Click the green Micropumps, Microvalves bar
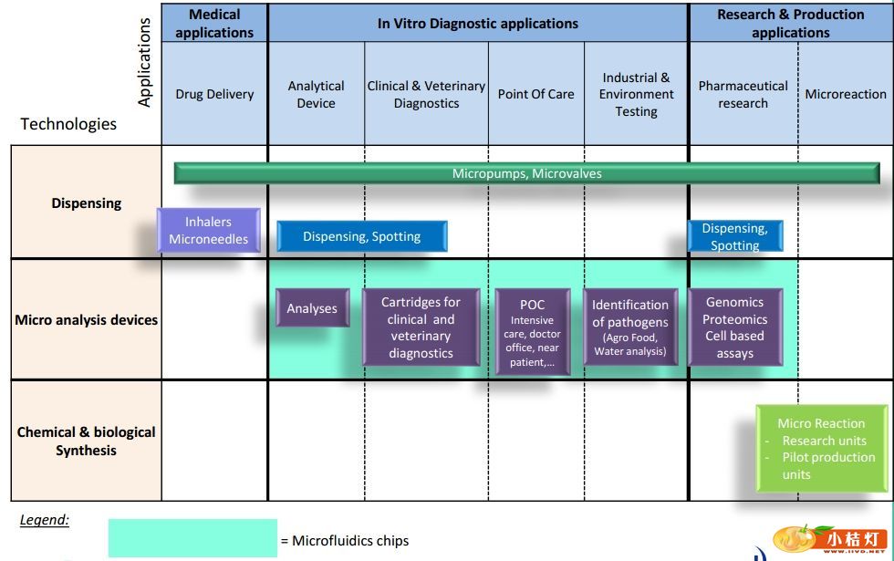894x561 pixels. click(x=526, y=173)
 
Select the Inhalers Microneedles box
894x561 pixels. click(x=209, y=231)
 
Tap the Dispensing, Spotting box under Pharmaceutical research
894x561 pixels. click(x=735, y=236)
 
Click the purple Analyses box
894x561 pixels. click(x=312, y=308)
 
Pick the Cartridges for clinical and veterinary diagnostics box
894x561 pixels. click(x=421, y=327)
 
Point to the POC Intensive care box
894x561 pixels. click(x=533, y=333)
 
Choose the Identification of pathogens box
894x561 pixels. click(x=629, y=327)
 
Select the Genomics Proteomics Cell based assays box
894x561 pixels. click(x=734, y=327)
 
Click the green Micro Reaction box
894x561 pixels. click(x=821, y=448)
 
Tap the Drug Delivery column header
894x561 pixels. click(x=214, y=94)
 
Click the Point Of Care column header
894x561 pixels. click(x=535, y=94)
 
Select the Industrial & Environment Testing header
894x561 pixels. click(x=636, y=94)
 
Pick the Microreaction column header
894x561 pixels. click(x=845, y=94)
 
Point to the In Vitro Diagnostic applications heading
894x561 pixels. click(x=478, y=24)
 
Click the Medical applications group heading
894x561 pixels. click(x=214, y=24)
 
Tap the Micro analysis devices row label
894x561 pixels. click(x=87, y=320)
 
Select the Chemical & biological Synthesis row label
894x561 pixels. click(x=87, y=441)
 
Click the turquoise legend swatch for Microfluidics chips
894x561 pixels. click(x=192, y=538)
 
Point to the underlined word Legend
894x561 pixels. click(x=45, y=520)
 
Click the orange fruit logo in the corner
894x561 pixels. click(x=793, y=540)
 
